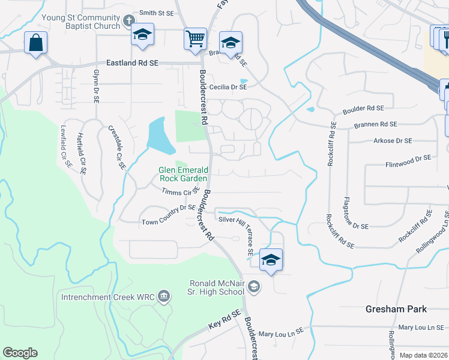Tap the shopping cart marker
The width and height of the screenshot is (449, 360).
point(195,39)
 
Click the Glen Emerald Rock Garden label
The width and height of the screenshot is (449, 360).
point(183,174)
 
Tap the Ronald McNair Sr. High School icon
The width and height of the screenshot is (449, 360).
point(253,287)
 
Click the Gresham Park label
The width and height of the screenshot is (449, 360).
point(396,309)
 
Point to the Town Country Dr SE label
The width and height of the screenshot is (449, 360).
point(169,215)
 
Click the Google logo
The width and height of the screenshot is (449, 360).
point(20,353)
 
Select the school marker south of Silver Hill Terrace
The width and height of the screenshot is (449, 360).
point(271,260)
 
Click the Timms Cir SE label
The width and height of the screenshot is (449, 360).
point(180,191)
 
